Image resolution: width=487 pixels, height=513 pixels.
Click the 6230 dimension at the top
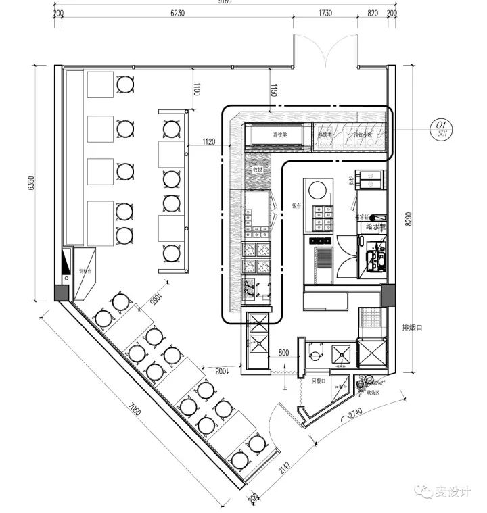[177, 13]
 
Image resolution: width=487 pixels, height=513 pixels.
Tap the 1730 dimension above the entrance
[325, 13]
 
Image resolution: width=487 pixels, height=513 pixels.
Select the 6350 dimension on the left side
[31, 183]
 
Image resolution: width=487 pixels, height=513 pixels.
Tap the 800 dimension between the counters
[283, 352]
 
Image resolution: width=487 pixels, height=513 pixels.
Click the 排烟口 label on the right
[412, 328]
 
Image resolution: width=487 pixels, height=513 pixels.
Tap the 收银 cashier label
[258, 170]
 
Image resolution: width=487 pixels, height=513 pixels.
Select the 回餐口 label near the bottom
[319, 381]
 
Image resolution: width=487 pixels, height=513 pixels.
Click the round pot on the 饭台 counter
[319, 189]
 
